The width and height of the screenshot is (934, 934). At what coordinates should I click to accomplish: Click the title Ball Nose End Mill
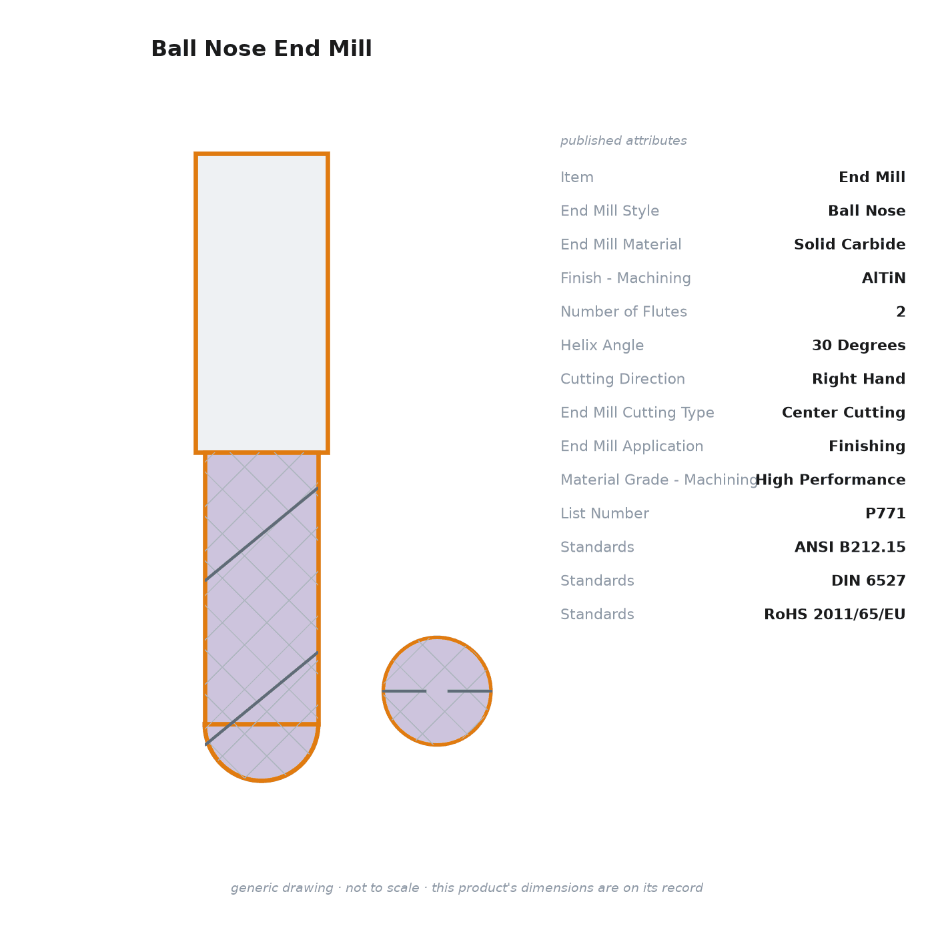(262, 49)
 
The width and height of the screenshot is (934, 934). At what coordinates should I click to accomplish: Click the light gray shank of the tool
(262, 304)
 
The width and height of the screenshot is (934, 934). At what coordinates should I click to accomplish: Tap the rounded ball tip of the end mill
(262, 753)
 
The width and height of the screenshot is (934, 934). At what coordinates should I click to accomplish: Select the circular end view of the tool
(437, 691)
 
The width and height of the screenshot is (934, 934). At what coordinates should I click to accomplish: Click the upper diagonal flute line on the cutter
(262, 534)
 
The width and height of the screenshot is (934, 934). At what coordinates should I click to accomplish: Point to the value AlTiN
(883, 278)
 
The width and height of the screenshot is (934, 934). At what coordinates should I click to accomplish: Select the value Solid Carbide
(850, 244)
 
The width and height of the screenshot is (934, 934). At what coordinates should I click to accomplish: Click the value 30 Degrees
(859, 346)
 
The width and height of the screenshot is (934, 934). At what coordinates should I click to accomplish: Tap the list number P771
(885, 514)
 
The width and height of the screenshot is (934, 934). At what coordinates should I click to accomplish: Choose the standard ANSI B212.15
(850, 547)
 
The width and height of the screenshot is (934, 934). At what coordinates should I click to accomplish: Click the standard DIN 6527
(869, 580)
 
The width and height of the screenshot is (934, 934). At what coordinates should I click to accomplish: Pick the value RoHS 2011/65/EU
(835, 614)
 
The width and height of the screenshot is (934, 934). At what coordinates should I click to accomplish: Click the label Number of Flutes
(624, 312)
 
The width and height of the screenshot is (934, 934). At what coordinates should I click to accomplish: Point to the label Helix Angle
(602, 346)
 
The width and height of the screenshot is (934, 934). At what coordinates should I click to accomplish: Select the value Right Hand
(859, 379)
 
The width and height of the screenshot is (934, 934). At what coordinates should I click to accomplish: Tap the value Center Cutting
(844, 412)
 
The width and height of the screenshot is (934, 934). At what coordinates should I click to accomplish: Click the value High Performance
(831, 480)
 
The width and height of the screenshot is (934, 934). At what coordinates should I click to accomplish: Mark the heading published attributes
(623, 141)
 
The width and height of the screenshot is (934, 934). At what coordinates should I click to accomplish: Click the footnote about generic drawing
(467, 888)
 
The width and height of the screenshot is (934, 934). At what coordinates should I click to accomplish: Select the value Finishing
(867, 446)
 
